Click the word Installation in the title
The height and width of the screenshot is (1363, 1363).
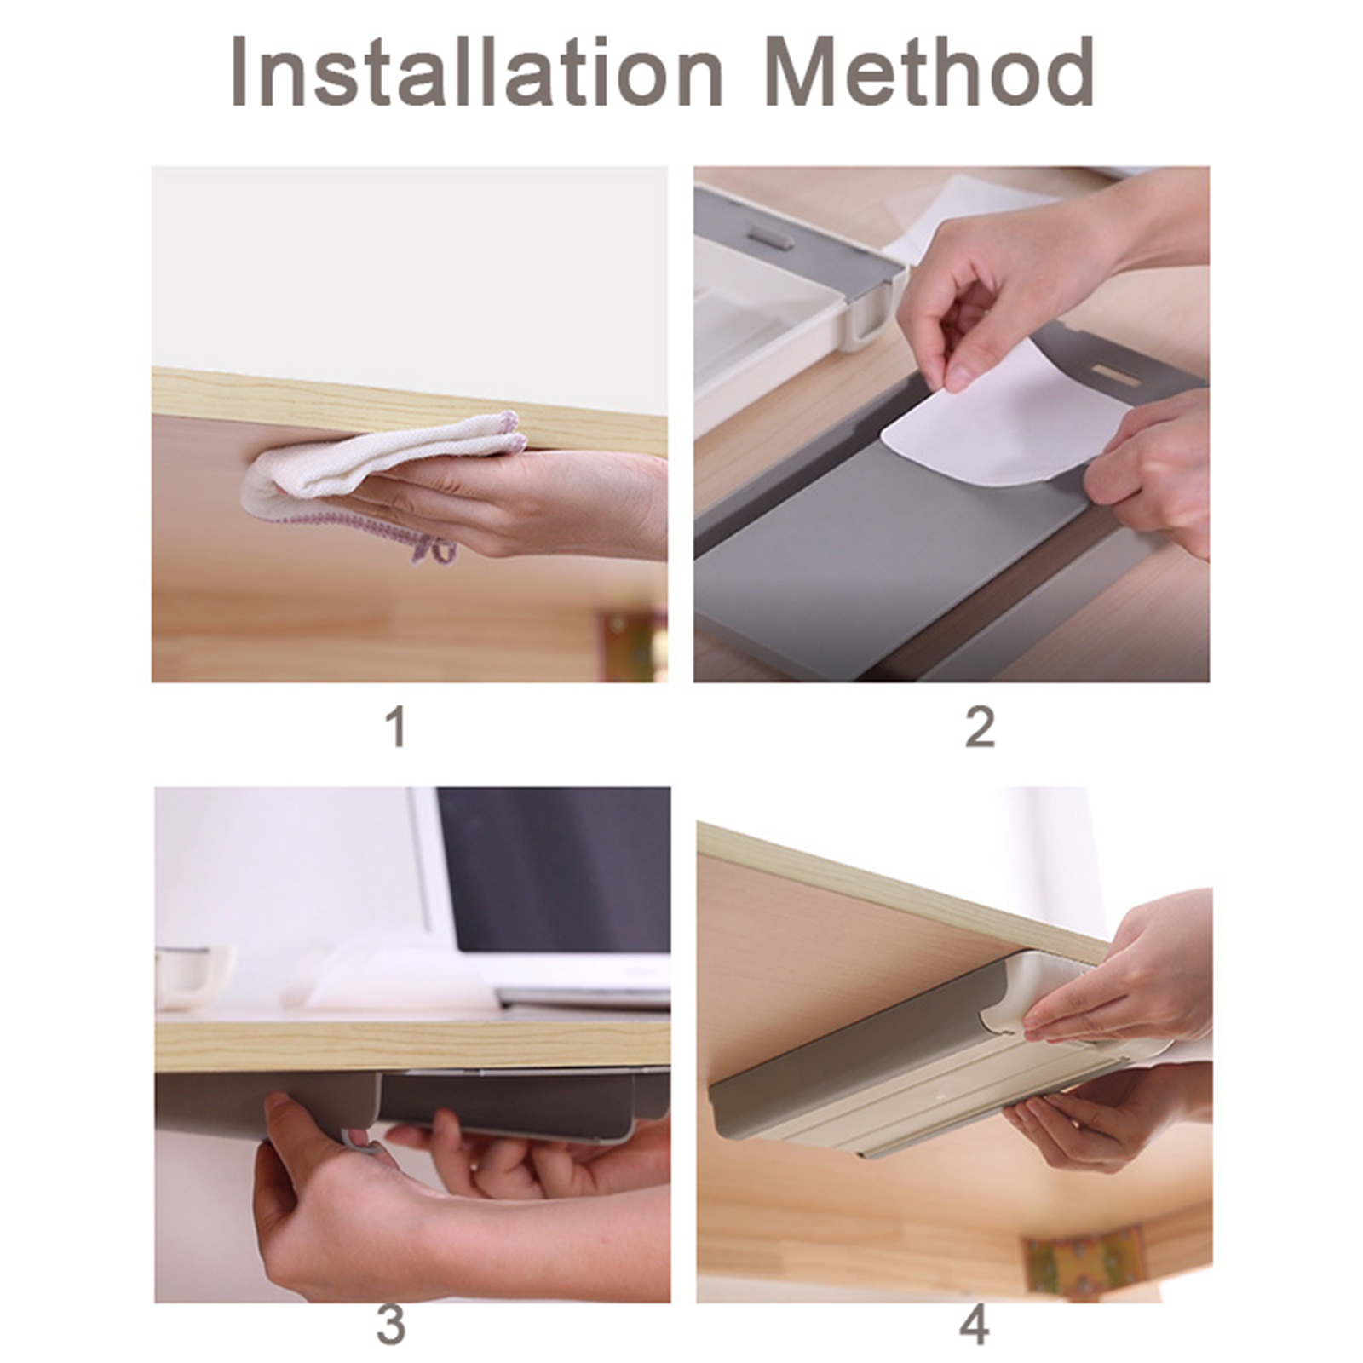tap(477, 72)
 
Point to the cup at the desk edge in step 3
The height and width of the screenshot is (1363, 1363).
tap(193, 976)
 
